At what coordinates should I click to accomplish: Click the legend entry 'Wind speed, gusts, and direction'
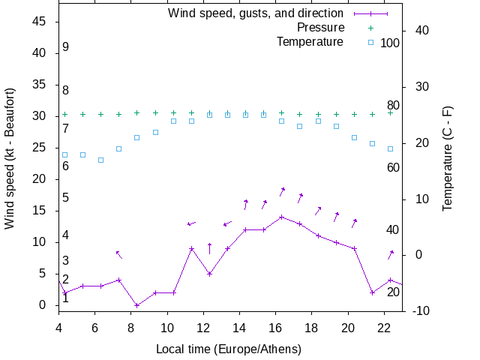point(256,13)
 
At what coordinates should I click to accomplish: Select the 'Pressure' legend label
point(320,28)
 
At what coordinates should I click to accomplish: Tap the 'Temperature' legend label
point(310,41)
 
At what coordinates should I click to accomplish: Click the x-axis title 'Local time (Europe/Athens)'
point(229,349)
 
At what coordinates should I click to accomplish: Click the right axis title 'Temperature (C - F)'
point(448,157)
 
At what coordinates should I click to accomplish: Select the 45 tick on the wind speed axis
point(40,22)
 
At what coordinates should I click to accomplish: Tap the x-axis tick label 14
point(239,327)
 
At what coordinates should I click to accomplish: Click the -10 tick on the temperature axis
point(420,311)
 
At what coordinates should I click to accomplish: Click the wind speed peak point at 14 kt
point(281,217)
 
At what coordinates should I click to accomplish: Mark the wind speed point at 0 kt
point(136,305)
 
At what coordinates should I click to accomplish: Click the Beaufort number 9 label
point(66,47)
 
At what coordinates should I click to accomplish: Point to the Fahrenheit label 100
point(390,43)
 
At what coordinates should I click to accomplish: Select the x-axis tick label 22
point(384,327)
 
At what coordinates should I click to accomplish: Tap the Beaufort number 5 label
point(66,198)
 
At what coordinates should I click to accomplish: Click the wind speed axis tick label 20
point(40,179)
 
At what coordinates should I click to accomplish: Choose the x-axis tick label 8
point(131,327)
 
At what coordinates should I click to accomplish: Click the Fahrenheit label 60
point(393,167)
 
